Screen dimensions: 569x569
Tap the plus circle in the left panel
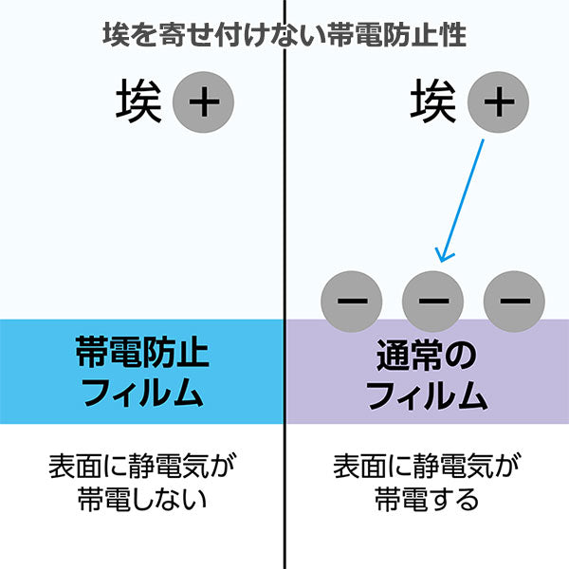203,101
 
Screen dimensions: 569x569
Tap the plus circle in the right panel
497,101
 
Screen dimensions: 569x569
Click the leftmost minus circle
352,302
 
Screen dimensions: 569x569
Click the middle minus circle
432,302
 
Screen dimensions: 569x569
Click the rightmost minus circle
513,302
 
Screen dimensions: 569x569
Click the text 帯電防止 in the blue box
141,354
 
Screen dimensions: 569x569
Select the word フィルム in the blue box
141,392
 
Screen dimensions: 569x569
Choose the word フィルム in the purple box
427,393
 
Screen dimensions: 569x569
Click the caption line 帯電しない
141,498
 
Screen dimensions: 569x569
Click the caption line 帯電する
427,498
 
